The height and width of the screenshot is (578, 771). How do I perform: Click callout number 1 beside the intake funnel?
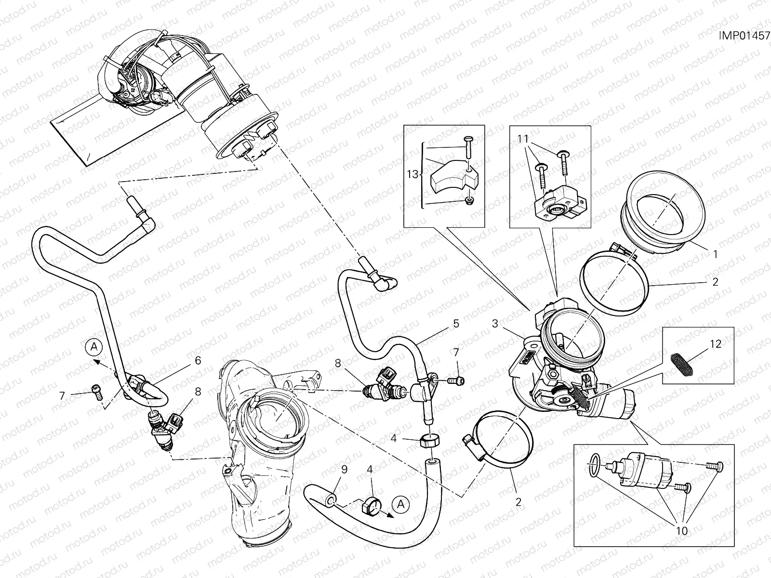(715, 254)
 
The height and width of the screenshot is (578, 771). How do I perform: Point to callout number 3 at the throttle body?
(495, 324)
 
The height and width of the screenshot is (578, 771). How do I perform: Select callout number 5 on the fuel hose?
(456, 323)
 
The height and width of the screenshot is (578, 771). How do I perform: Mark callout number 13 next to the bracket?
(412, 174)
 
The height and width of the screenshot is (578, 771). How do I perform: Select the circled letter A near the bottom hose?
(399, 504)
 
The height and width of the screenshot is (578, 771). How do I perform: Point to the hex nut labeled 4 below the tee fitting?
(429, 440)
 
